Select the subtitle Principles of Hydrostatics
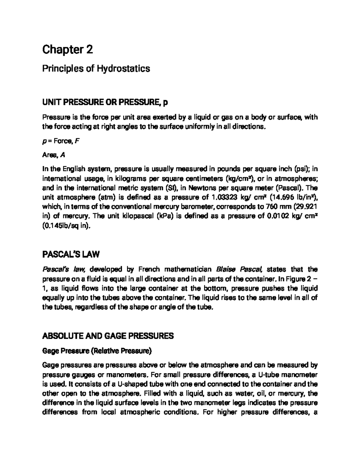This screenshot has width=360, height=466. click(x=96, y=69)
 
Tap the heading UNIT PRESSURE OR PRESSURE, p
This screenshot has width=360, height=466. click(x=105, y=103)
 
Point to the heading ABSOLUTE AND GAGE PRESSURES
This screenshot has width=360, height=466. click(x=108, y=336)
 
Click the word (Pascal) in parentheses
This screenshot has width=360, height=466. click(x=288, y=188)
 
